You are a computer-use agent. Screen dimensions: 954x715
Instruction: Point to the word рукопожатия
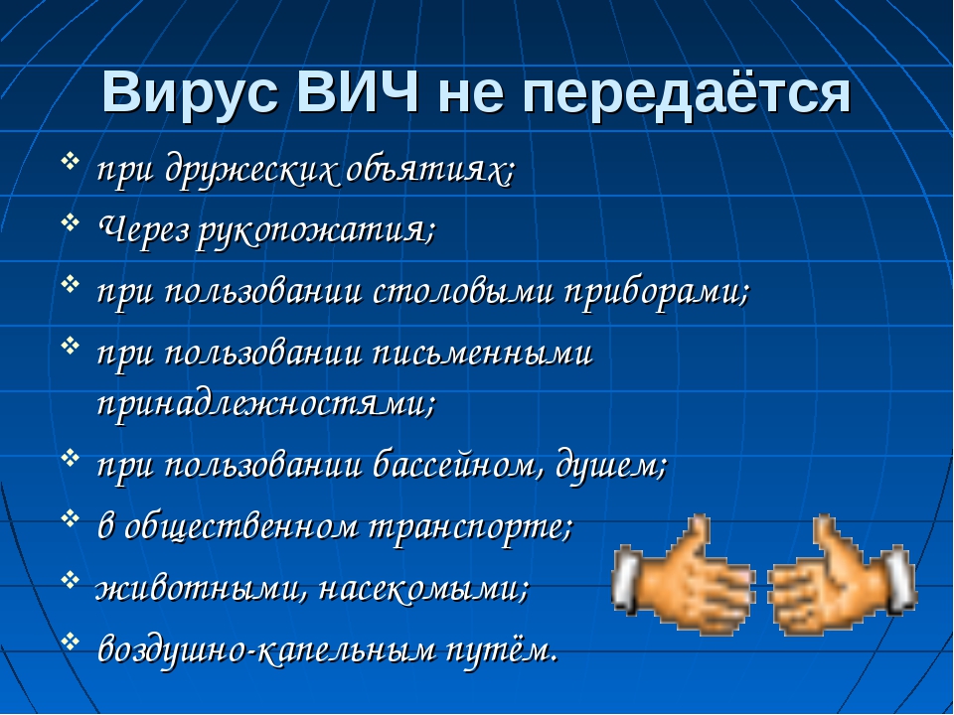point(316,231)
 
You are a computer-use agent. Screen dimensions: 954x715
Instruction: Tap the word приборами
point(656,292)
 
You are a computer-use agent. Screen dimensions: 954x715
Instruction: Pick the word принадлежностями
point(266,402)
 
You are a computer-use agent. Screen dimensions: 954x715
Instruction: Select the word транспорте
point(471,527)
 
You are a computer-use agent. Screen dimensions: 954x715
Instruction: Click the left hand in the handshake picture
point(683,575)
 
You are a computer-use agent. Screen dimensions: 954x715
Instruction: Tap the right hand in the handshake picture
point(843,575)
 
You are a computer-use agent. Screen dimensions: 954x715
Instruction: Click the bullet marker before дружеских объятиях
point(71,161)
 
